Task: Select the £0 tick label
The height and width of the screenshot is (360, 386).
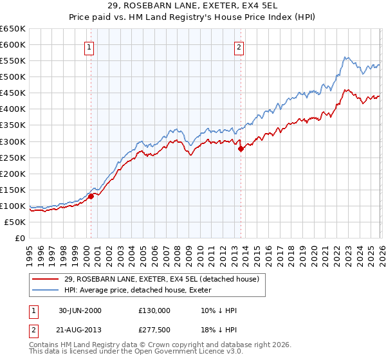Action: pos(19,238)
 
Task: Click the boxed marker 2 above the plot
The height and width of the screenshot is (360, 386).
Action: pos(239,47)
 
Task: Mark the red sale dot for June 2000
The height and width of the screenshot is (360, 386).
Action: pos(91,196)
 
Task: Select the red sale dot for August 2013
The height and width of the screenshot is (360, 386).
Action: pos(241,148)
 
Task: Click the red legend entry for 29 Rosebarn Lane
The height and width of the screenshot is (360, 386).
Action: pos(161,279)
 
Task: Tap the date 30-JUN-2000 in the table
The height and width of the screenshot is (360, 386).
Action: pos(79,310)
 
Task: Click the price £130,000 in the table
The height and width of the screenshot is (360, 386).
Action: pos(154,310)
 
